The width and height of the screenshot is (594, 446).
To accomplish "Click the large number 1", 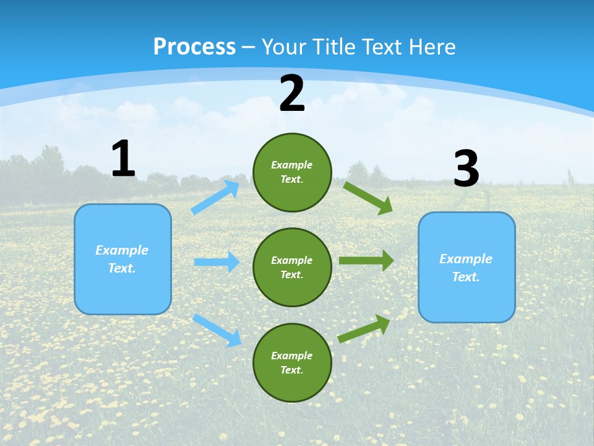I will pyautogui.click(x=123, y=159).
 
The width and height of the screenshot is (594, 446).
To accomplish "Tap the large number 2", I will pyautogui.click(x=292, y=94).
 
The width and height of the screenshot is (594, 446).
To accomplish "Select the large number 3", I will pyautogui.click(x=467, y=169).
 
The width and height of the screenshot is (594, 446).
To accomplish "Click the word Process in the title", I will pyautogui.click(x=194, y=46).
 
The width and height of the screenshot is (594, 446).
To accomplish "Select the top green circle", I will pyautogui.click(x=292, y=172).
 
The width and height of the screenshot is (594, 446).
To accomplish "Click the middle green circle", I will pyautogui.click(x=292, y=267).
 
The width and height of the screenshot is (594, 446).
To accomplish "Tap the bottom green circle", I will pyautogui.click(x=292, y=362).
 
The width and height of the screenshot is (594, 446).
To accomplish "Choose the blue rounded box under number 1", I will pyautogui.click(x=123, y=259).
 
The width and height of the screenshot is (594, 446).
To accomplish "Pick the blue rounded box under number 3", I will pyautogui.click(x=467, y=267).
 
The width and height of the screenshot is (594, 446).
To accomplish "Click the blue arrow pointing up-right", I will pyautogui.click(x=215, y=197).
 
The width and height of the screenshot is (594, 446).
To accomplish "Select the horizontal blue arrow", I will pyautogui.click(x=217, y=262).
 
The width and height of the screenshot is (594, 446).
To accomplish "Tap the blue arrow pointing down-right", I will pyautogui.click(x=217, y=330).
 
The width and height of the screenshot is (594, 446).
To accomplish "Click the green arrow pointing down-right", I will pyautogui.click(x=368, y=198).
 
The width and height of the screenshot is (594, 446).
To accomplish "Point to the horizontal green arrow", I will pyautogui.click(x=366, y=260).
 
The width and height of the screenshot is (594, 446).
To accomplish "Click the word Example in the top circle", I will pyautogui.click(x=292, y=165).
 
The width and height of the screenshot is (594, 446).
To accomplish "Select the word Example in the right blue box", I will pyautogui.click(x=466, y=259).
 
